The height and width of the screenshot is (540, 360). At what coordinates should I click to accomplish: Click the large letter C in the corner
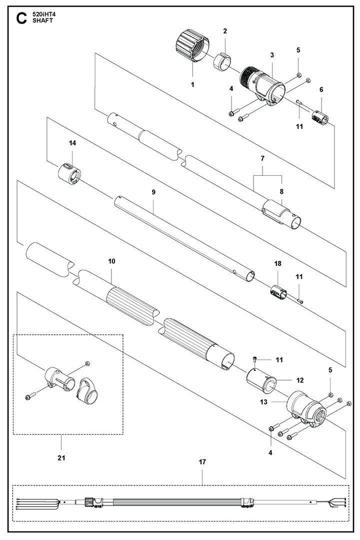(21, 18)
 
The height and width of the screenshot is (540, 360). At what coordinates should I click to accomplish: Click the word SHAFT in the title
(43, 20)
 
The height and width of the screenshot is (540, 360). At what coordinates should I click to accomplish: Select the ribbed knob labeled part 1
(192, 45)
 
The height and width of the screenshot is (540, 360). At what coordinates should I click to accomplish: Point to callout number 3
(272, 55)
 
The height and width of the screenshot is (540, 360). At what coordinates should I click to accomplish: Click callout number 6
(321, 89)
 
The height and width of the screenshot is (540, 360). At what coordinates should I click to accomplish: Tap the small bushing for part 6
(320, 118)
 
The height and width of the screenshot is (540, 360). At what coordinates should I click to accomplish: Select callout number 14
(72, 143)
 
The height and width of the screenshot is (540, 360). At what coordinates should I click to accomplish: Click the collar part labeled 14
(70, 173)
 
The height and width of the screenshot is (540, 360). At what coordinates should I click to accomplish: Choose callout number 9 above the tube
(153, 192)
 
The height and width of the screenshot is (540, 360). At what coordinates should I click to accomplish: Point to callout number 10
(111, 261)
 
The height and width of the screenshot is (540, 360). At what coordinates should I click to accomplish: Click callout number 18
(277, 263)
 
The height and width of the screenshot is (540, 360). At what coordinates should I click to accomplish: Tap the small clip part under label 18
(278, 292)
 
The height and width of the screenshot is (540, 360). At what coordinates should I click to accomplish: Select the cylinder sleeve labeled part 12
(261, 381)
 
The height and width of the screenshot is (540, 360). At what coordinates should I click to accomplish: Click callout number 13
(263, 402)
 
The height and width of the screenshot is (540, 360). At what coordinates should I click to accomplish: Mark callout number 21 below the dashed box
(61, 458)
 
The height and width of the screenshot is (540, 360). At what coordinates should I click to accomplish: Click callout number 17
(202, 462)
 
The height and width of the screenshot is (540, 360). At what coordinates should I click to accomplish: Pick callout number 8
(281, 191)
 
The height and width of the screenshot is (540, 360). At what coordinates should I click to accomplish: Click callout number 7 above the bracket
(263, 158)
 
